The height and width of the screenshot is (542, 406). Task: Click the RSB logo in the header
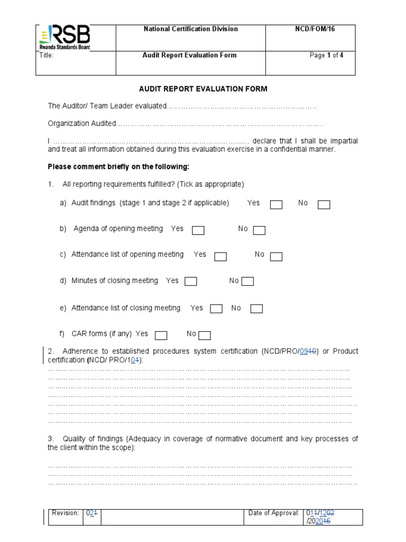pos(64,38)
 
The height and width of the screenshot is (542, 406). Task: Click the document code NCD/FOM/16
pos(315,29)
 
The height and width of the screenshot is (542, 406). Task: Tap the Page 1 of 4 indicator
pos(326,55)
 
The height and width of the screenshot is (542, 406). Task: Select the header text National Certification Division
pos(191,29)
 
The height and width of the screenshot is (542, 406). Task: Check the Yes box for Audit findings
pos(276,205)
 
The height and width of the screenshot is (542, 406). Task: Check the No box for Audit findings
pos(324,205)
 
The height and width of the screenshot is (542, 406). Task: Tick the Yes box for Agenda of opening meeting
pos(198,230)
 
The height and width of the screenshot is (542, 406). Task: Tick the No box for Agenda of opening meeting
pos(259,230)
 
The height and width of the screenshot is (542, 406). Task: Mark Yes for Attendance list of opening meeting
pos(220,257)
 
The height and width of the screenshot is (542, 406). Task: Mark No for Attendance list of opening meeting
pos(276,257)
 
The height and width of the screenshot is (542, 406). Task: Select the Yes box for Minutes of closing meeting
pos(191,282)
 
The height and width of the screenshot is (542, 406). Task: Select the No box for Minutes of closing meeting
pos(247,282)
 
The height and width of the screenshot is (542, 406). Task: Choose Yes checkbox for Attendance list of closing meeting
pos(216,309)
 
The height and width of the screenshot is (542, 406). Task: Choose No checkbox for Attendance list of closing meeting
pos(256,309)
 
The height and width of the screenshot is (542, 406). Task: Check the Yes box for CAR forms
pos(161,335)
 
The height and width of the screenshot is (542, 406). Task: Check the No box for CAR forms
pos(205,335)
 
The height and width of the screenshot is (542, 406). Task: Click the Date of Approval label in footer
pos(273,513)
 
